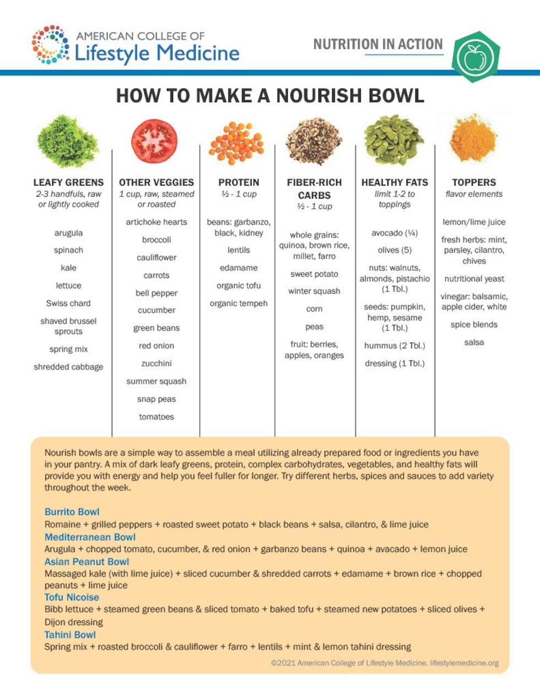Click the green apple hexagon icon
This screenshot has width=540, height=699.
click(x=475, y=57)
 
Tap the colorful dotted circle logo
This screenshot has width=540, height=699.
click(x=51, y=45)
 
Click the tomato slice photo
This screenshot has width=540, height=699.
click(x=154, y=142)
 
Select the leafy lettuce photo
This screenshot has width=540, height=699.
click(x=68, y=142)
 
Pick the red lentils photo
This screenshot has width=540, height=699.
click(x=237, y=143)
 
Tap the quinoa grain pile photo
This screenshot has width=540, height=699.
click(x=314, y=141)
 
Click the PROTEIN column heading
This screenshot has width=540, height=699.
click(x=239, y=182)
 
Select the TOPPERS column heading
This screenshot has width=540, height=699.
click(x=474, y=182)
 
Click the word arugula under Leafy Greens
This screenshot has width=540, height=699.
click(x=68, y=233)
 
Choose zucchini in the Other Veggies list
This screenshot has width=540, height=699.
click(x=156, y=364)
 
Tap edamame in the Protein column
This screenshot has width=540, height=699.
click(x=239, y=268)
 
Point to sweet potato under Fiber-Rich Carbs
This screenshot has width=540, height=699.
click(x=314, y=274)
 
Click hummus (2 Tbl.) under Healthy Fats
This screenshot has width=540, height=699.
click(x=395, y=346)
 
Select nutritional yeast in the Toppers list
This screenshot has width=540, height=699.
click(x=474, y=279)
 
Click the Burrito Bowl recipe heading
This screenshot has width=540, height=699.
click(x=72, y=512)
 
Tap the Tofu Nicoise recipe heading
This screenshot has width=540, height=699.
click(x=72, y=598)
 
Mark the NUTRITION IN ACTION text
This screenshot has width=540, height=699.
click(x=378, y=44)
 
